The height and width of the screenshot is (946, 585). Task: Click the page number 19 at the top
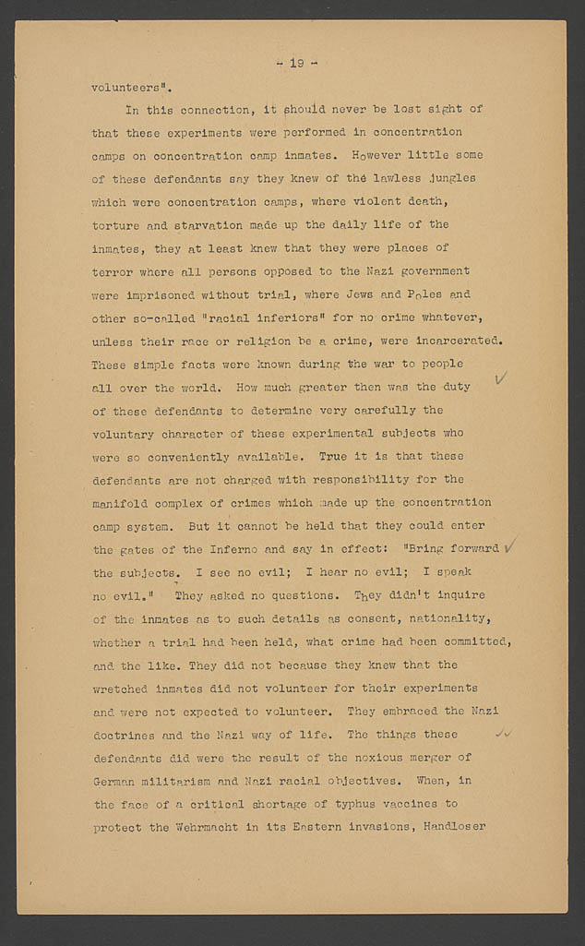pyautogui.click(x=296, y=63)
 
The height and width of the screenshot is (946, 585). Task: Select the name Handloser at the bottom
pyautogui.click(x=455, y=827)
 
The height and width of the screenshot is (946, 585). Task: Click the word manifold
pyautogui.click(x=125, y=503)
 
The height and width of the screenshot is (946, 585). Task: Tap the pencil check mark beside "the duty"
pyautogui.click(x=502, y=378)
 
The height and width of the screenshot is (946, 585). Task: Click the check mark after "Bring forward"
pyautogui.click(x=509, y=546)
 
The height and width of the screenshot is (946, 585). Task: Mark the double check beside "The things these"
pyautogui.click(x=504, y=734)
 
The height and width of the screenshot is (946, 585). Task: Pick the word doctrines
pyautogui.click(x=128, y=735)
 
